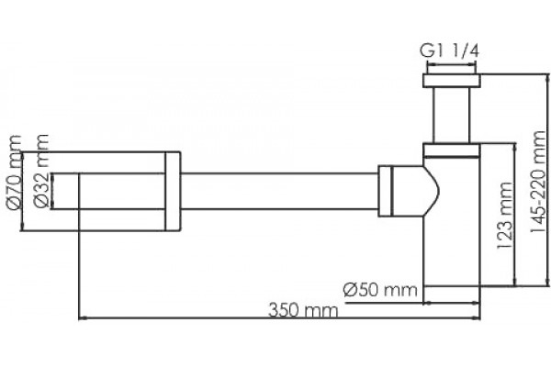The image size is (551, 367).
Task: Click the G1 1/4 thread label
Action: click(449, 52)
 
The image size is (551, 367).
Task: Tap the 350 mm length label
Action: click(303, 310)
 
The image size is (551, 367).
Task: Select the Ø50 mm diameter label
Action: click(380, 290)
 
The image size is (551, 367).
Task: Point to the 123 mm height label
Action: click(505, 216)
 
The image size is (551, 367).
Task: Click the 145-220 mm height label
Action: click(538, 182)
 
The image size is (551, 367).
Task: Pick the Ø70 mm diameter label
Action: click(15, 173)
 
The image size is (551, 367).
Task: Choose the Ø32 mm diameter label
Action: click(41, 171)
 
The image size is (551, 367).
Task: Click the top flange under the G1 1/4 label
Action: click(452, 81)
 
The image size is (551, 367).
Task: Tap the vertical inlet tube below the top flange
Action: click(452, 116)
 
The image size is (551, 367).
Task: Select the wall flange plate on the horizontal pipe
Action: click(173, 192)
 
